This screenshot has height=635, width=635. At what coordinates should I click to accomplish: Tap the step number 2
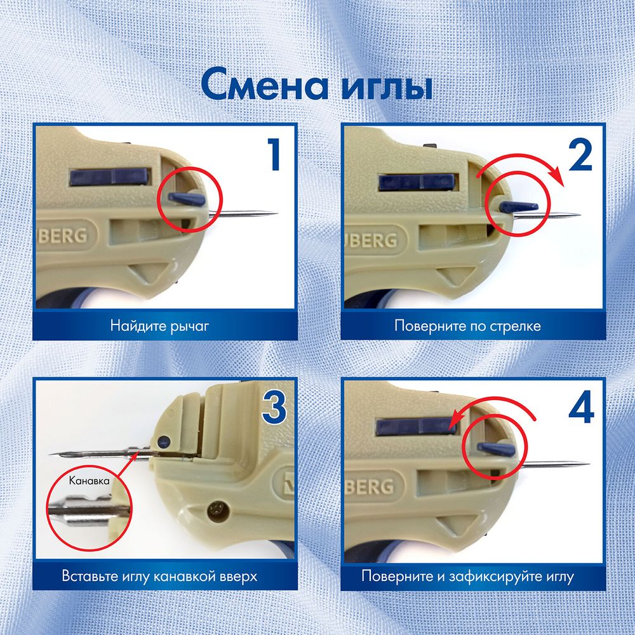pyautogui.click(x=580, y=157)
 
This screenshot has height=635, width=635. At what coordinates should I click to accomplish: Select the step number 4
pyautogui.click(x=580, y=410)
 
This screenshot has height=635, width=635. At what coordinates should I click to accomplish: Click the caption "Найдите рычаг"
pyautogui.click(x=159, y=326)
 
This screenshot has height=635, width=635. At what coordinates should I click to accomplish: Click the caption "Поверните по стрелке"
pyautogui.click(x=467, y=326)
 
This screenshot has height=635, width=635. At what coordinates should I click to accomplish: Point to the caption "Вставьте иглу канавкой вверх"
pyautogui.click(x=159, y=577)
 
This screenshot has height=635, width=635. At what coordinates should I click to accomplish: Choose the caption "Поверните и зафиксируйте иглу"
pyautogui.click(x=467, y=577)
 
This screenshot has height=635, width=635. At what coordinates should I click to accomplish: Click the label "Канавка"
pyautogui.click(x=89, y=481)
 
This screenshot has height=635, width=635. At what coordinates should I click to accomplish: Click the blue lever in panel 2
pyautogui.click(x=519, y=207)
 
